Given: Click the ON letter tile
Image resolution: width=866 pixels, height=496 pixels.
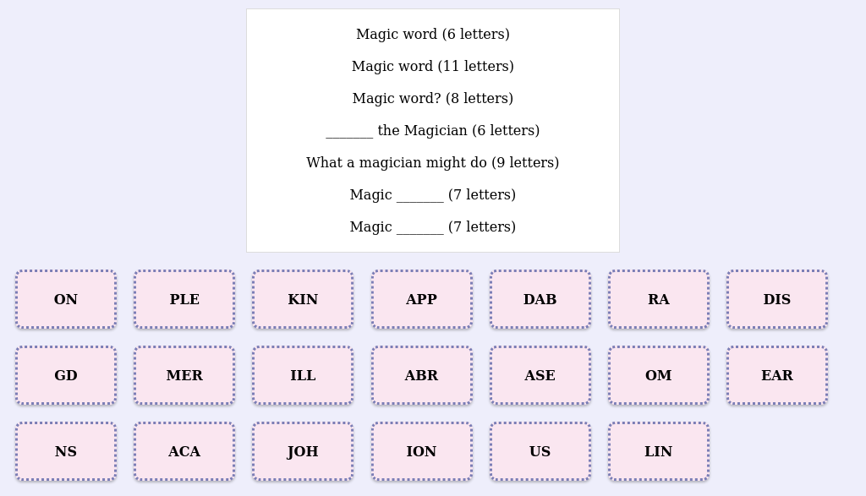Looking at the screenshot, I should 66,300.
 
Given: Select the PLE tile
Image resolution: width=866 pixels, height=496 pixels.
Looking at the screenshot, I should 184,300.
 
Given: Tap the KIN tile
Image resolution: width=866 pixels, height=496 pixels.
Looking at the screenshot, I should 303,300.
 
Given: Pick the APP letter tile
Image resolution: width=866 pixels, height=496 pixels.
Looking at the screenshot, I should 421,300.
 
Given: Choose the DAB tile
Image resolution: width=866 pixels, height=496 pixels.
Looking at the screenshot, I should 540,300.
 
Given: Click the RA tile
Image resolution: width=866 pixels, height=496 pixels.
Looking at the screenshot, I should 658,300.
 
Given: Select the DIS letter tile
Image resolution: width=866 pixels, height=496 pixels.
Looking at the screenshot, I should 776,300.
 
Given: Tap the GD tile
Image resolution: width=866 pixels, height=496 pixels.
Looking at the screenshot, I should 66,376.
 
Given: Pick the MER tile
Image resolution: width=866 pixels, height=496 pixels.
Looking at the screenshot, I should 184,376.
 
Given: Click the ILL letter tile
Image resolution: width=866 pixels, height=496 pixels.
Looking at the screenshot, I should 303,376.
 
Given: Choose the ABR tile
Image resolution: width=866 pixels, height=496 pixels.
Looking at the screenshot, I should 421,376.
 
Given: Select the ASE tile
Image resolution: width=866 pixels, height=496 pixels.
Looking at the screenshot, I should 540,376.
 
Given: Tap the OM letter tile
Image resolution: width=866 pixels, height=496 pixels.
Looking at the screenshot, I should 658,376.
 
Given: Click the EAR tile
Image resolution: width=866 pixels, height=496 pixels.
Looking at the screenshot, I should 776,376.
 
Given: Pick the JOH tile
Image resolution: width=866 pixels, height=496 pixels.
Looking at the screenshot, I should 303,452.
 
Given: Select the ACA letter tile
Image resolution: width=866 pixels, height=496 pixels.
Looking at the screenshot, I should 184,452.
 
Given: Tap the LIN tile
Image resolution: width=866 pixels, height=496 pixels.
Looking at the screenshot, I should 658,452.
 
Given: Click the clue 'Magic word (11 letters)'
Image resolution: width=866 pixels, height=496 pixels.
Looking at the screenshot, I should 432,67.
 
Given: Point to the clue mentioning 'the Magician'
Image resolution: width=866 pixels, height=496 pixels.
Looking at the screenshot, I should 432,131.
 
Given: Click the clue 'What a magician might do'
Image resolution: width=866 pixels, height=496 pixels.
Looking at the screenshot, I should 432,163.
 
